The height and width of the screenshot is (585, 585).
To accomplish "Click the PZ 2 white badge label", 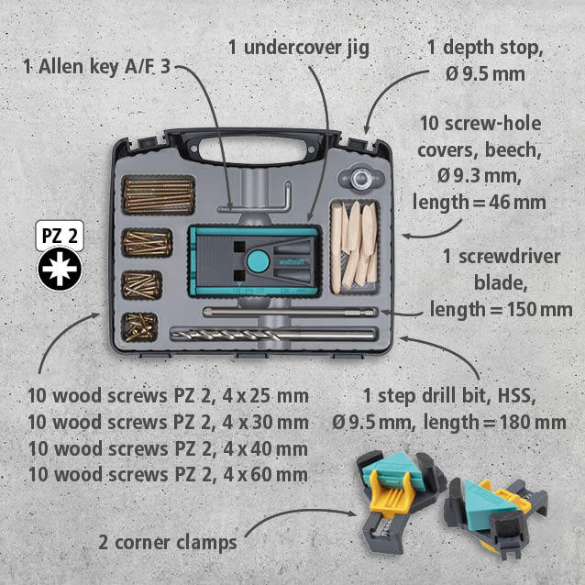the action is (x=60, y=236).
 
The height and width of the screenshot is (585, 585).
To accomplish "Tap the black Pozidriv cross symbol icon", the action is (x=60, y=269).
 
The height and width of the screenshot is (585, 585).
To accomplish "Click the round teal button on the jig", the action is (x=259, y=261).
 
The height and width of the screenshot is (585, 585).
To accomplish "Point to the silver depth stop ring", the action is (x=360, y=178).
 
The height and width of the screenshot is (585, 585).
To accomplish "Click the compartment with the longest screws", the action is (x=160, y=195).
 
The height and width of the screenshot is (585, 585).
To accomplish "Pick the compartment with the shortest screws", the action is (x=139, y=327).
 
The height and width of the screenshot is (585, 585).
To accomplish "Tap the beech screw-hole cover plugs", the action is (x=355, y=248).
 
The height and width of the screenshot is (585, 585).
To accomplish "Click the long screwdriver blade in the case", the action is (x=290, y=313).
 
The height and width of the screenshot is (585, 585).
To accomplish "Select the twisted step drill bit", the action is (x=272, y=335).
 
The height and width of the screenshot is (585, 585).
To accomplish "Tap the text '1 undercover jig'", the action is (x=299, y=48).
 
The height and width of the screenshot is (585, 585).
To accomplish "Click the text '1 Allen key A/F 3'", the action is (x=96, y=67).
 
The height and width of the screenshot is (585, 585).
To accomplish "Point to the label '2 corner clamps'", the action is (x=168, y=543).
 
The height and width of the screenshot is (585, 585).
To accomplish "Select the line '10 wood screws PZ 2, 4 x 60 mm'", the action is (x=169, y=475).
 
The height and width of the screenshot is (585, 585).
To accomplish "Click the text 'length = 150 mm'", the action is (x=501, y=309).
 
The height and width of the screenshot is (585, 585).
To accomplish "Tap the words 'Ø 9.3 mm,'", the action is (x=480, y=176).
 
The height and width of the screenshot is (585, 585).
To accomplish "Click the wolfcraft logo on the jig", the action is (x=292, y=262).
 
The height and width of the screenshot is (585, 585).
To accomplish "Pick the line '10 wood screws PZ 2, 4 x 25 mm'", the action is (x=169, y=396).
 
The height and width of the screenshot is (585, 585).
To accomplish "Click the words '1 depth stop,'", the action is (x=485, y=48).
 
